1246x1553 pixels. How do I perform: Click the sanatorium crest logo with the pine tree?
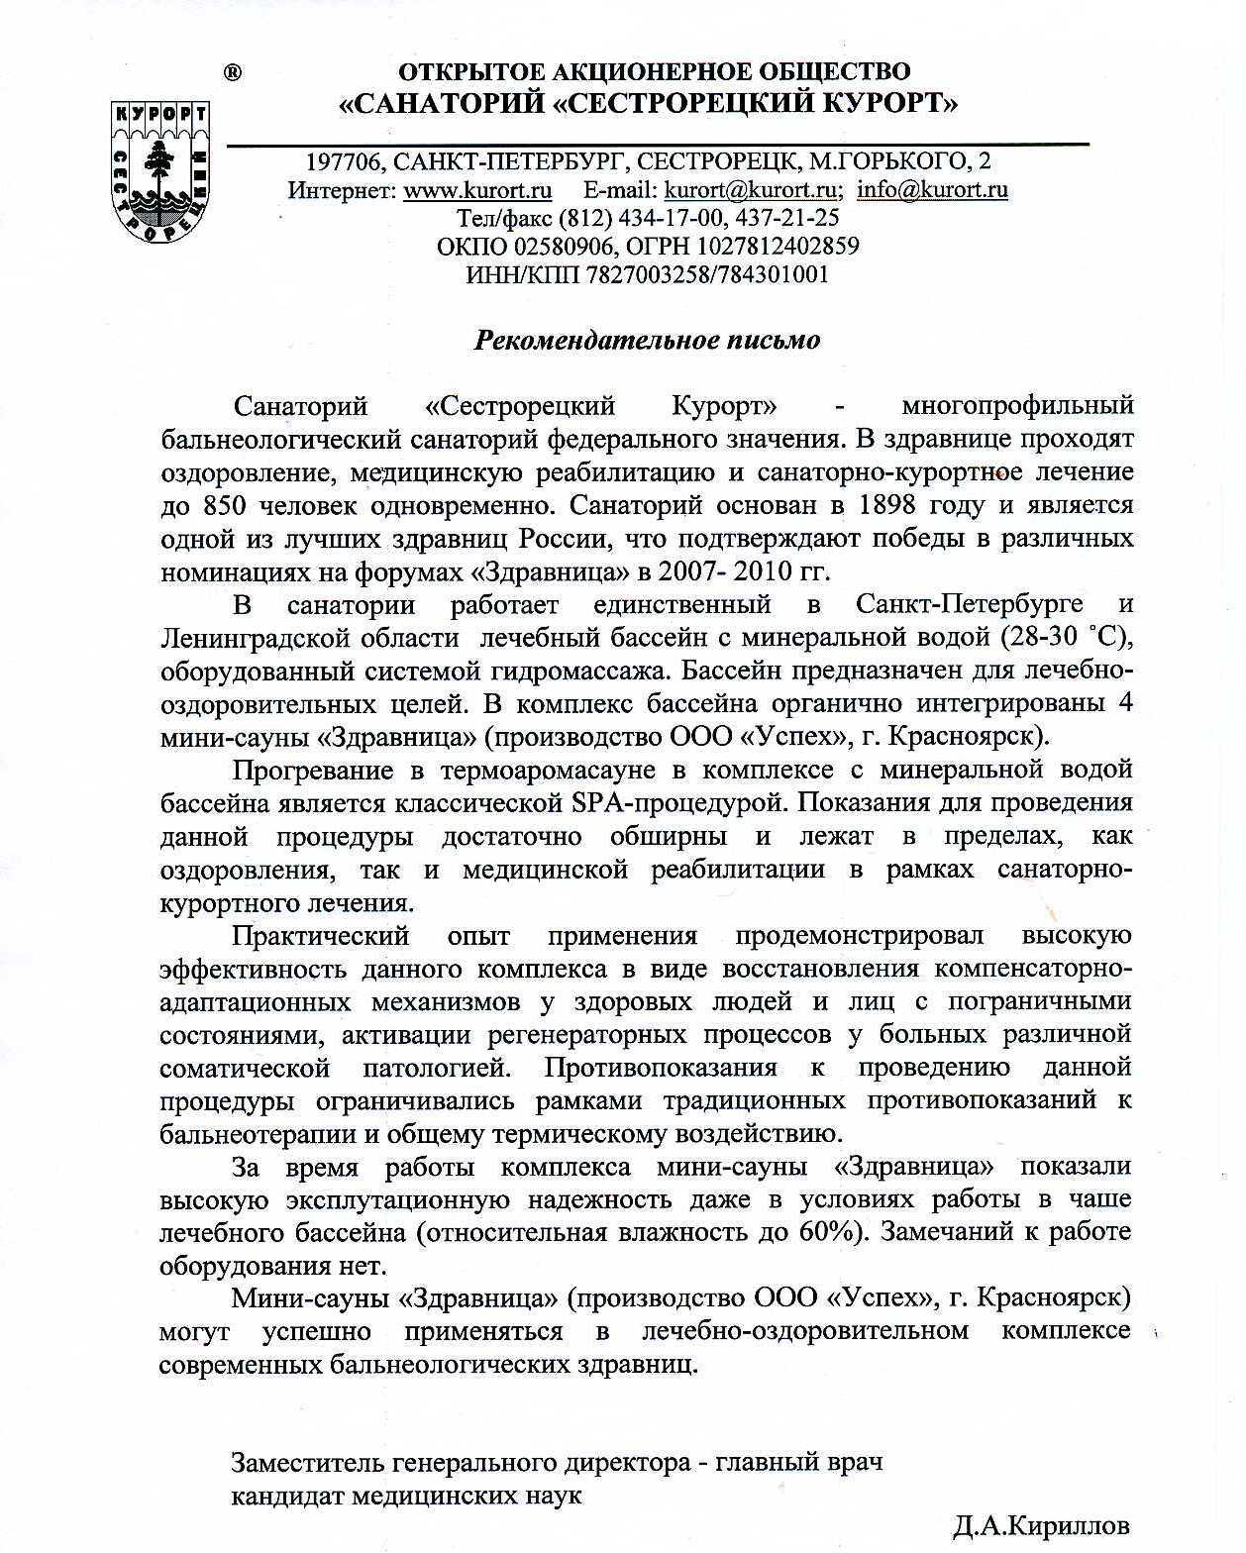(x=160, y=169)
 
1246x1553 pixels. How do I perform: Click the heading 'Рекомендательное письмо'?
(x=648, y=340)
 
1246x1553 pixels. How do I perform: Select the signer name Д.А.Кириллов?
(x=1042, y=1525)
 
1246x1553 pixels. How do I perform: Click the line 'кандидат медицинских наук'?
(x=406, y=1495)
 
